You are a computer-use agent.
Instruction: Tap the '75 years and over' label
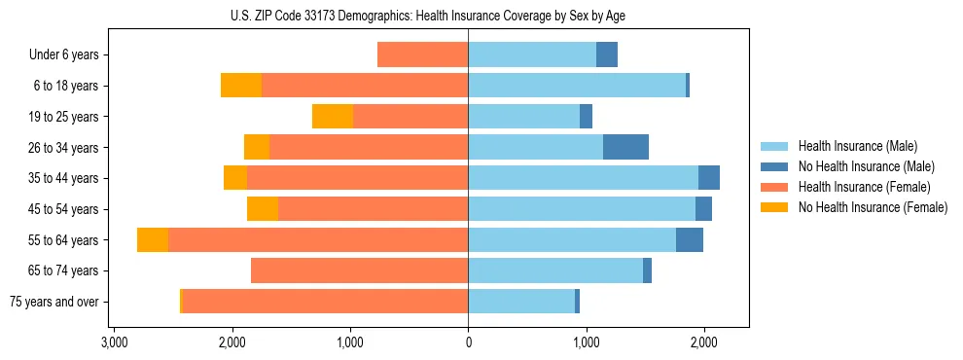pyautogui.click(x=54, y=302)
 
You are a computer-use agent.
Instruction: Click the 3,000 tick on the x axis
pyautogui.click(x=114, y=342)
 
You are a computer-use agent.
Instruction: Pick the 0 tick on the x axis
pyautogui.click(x=468, y=342)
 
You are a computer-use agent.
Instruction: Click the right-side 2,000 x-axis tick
pyautogui.click(x=704, y=342)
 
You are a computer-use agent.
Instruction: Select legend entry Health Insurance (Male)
pyautogui.click(x=857, y=146)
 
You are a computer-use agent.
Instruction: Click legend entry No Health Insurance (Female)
pyautogui.click(x=873, y=207)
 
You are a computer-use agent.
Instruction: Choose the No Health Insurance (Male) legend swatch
pyautogui.click(x=774, y=166)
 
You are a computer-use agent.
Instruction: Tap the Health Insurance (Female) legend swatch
pyautogui.click(x=774, y=187)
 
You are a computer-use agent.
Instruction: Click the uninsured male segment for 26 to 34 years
pyautogui.click(x=625, y=147)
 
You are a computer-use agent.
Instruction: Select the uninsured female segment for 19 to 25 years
pyautogui.click(x=333, y=117)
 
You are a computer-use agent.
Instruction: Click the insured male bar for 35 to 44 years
pyautogui.click(x=583, y=178)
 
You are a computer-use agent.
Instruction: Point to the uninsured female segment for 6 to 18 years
pyautogui.click(x=241, y=86)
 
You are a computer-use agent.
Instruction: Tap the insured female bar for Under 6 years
pyautogui.click(x=422, y=55)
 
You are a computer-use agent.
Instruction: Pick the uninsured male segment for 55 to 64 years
pyautogui.click(x=690, y=240)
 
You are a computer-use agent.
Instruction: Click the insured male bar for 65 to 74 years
pyautogui.click(x=555, y=270)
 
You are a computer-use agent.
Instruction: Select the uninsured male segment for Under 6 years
pyautogui.click(x=607, y=55)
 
